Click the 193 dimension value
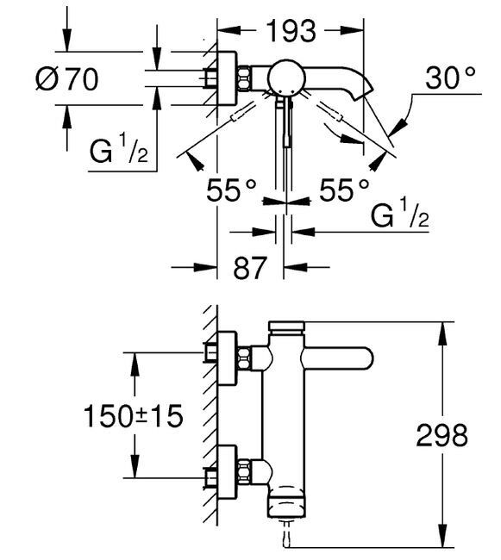point(290,32)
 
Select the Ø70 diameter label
point(66,79)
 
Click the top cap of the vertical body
point(287,327)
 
